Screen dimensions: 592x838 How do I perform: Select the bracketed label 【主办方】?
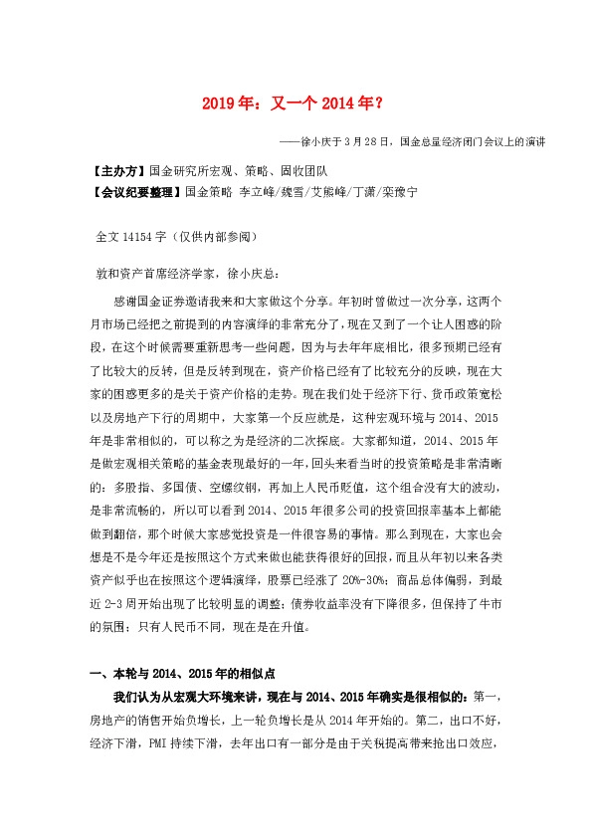point(115,170)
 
